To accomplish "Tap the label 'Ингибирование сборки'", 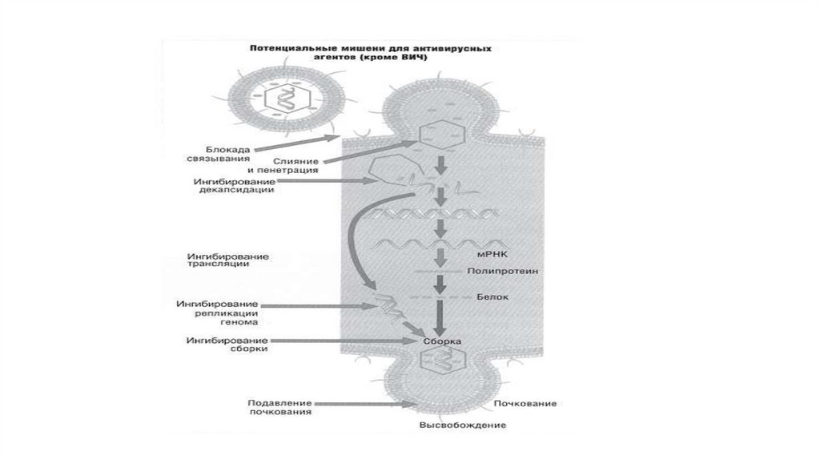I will click(x=227, y=345).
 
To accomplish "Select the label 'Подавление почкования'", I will click(x=279, y=408).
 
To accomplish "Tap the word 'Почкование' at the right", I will click(x=526, y=402).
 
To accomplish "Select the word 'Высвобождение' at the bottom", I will click(x=463, y=425).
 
